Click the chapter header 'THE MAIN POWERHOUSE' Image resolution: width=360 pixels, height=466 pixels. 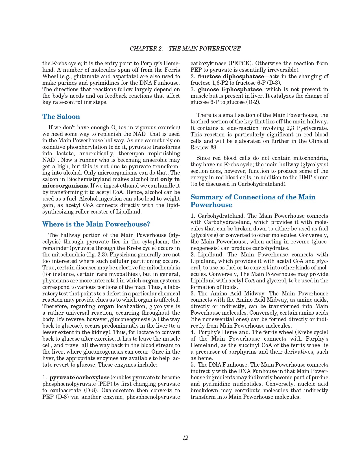point(204,49)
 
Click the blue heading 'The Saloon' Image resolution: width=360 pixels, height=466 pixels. point(61,117)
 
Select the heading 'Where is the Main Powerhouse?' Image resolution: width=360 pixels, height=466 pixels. point(96,224)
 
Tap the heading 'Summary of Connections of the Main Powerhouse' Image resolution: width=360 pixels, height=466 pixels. point(253,201)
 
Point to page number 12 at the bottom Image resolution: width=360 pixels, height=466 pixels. point(185,438)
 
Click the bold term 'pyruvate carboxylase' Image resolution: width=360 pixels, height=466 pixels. point(79,378)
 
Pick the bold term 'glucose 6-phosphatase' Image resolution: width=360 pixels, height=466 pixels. point(230,89)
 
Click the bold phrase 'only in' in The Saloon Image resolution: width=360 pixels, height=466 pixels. point(170,179)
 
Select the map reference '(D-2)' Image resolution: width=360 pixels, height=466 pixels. point(254,102)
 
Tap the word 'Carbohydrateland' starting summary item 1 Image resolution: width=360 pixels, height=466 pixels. point(221,216)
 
